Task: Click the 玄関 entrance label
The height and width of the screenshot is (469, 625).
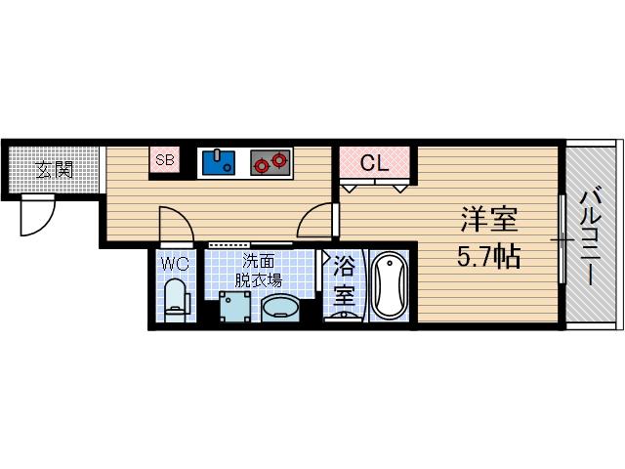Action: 56,170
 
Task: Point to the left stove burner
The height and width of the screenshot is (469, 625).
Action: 262,163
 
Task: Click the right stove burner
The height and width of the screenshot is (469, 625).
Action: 280,159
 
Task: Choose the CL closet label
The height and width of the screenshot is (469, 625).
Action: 375,163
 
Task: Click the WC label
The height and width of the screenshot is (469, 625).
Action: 175,263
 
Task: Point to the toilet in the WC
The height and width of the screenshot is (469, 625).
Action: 176,298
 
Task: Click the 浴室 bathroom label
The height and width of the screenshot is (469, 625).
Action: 344,277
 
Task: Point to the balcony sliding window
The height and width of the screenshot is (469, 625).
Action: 562,239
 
